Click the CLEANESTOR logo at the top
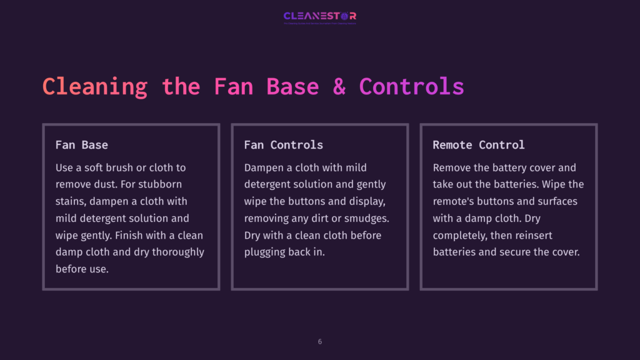[319, 16]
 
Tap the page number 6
[320, 342]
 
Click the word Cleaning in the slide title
[95, 86]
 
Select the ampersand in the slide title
[339, 86]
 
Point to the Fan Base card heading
[81, 145]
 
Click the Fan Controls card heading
[283, 145]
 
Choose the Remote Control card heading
[478, 145]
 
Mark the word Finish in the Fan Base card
[156, 235]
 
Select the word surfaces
[555, 201]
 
